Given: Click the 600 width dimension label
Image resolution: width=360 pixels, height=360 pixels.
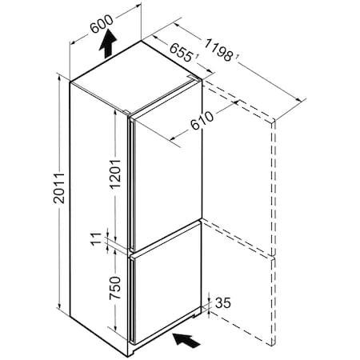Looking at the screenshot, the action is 102,24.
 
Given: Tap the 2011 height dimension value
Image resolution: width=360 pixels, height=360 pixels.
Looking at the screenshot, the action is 59,188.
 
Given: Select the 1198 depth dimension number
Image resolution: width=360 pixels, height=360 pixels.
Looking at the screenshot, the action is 218,50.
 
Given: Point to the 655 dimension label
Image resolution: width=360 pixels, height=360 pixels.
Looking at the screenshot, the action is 181,53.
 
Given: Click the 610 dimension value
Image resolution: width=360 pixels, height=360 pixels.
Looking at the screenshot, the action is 202,120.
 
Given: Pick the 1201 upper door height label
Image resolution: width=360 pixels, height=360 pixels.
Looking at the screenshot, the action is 115,174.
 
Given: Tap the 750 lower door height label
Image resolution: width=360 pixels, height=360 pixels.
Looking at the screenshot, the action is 115,288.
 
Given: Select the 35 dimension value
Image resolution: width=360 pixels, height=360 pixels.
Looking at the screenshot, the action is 223,302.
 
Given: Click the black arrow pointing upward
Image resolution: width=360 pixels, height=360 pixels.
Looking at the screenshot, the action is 108,43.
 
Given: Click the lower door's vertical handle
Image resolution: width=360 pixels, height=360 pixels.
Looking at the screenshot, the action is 131,299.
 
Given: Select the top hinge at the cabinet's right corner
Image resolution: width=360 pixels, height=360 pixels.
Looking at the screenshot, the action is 194,78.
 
